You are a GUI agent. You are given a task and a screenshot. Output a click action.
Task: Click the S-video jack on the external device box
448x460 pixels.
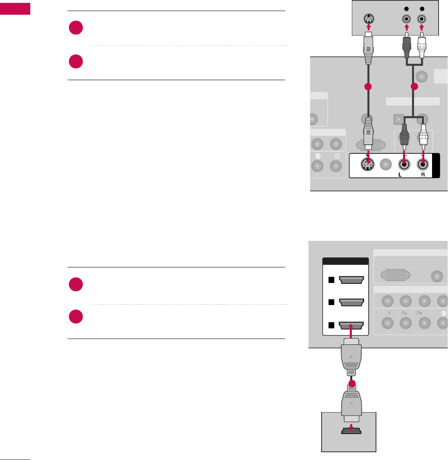coord(369,19)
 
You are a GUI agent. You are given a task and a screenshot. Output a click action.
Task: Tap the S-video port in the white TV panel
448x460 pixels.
coord(368,165)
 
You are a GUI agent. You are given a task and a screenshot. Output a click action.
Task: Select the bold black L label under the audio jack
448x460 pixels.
coord(400,174)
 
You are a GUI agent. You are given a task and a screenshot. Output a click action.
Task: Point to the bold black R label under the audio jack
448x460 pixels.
coord(423,174)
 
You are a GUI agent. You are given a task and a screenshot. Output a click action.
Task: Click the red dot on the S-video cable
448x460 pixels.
coord(368,87)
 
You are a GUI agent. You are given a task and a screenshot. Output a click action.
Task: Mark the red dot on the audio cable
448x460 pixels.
coord(414,87)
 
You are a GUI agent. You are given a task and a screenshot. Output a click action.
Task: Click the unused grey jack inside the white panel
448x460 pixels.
coord(386,165)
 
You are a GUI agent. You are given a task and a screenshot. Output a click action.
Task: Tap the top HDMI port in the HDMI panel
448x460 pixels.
coord(351,280)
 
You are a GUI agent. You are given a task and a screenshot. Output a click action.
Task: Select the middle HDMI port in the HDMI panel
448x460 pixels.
coord(351,302)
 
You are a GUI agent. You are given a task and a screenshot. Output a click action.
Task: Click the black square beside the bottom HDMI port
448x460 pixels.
coord(331,325)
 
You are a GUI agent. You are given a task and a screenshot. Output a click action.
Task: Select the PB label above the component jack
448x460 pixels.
coord(405,313)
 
